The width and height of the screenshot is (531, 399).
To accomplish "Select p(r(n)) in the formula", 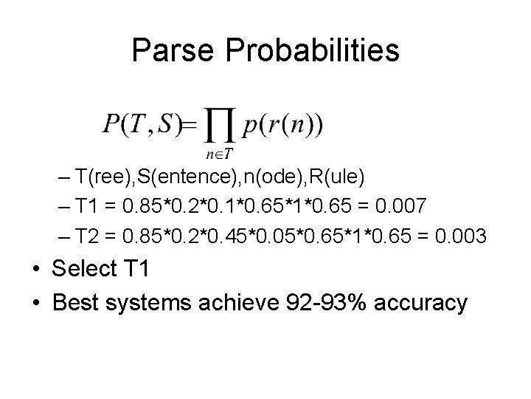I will [x=282, y=125].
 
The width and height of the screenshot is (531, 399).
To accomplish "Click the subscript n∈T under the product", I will [x=219, y=154].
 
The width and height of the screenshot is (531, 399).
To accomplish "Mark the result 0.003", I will [x=460, y=236].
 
